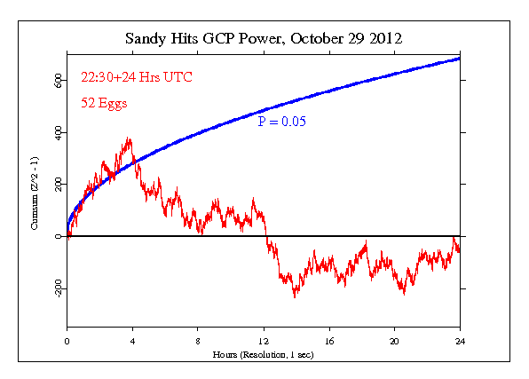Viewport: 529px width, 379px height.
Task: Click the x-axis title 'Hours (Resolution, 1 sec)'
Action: click(x=264, y=354)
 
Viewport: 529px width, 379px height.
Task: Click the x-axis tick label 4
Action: click(x=132, y=341)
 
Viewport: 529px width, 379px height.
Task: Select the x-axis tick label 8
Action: click(x=198, y=341)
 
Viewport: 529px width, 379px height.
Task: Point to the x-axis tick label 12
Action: click(x=264, y=341)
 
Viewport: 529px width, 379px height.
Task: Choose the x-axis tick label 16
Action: click(x=329, y=341)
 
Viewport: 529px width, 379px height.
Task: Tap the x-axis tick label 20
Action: click(x=395, y=341)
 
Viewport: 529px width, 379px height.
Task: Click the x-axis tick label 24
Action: click(x=460, y=341)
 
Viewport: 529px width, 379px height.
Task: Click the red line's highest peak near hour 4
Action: click(x=130, y=138)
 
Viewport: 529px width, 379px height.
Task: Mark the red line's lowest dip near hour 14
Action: click(x=295, y=296)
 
